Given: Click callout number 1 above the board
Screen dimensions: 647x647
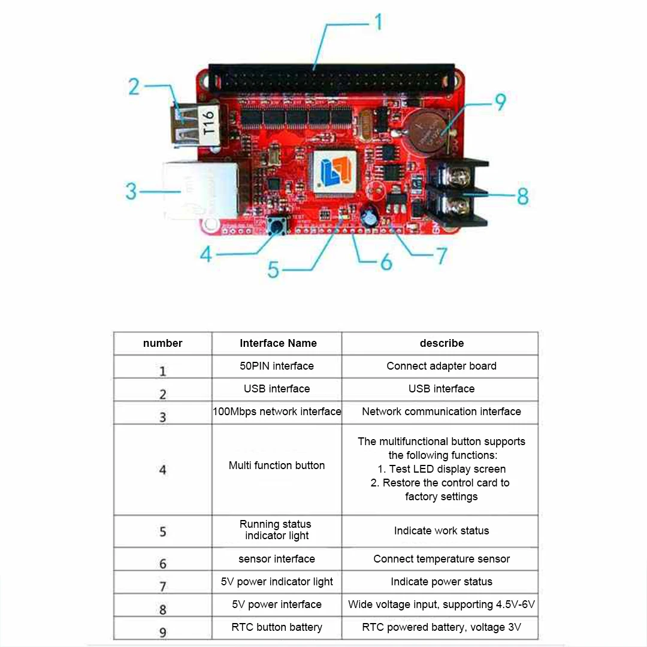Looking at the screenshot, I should (378, 23).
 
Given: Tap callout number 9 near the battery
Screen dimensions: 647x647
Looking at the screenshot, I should (500, 102).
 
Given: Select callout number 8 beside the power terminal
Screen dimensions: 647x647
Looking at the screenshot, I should (522, 196).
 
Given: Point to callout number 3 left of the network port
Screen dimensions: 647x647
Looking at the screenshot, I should (131, 192).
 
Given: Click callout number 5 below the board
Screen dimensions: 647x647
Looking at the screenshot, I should (273, 270).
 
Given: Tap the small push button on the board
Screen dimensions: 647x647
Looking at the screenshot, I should (278, 225).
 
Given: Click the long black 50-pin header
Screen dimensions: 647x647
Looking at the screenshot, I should (331, 77).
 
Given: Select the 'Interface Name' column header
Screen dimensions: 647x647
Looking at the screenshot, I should (278, 343).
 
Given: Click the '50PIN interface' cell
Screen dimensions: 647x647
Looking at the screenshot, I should (277, 366).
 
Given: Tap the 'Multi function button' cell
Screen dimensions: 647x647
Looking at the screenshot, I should (277, 465).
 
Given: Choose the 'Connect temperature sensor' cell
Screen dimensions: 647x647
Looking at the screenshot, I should (442, 559).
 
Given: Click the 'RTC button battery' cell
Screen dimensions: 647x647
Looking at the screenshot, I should (277, 627).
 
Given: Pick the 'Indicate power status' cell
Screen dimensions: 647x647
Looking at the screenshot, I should (442, 582).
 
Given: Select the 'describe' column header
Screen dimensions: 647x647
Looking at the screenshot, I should (442, 343).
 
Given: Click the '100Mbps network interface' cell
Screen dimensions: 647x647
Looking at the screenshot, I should (277, 412).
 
